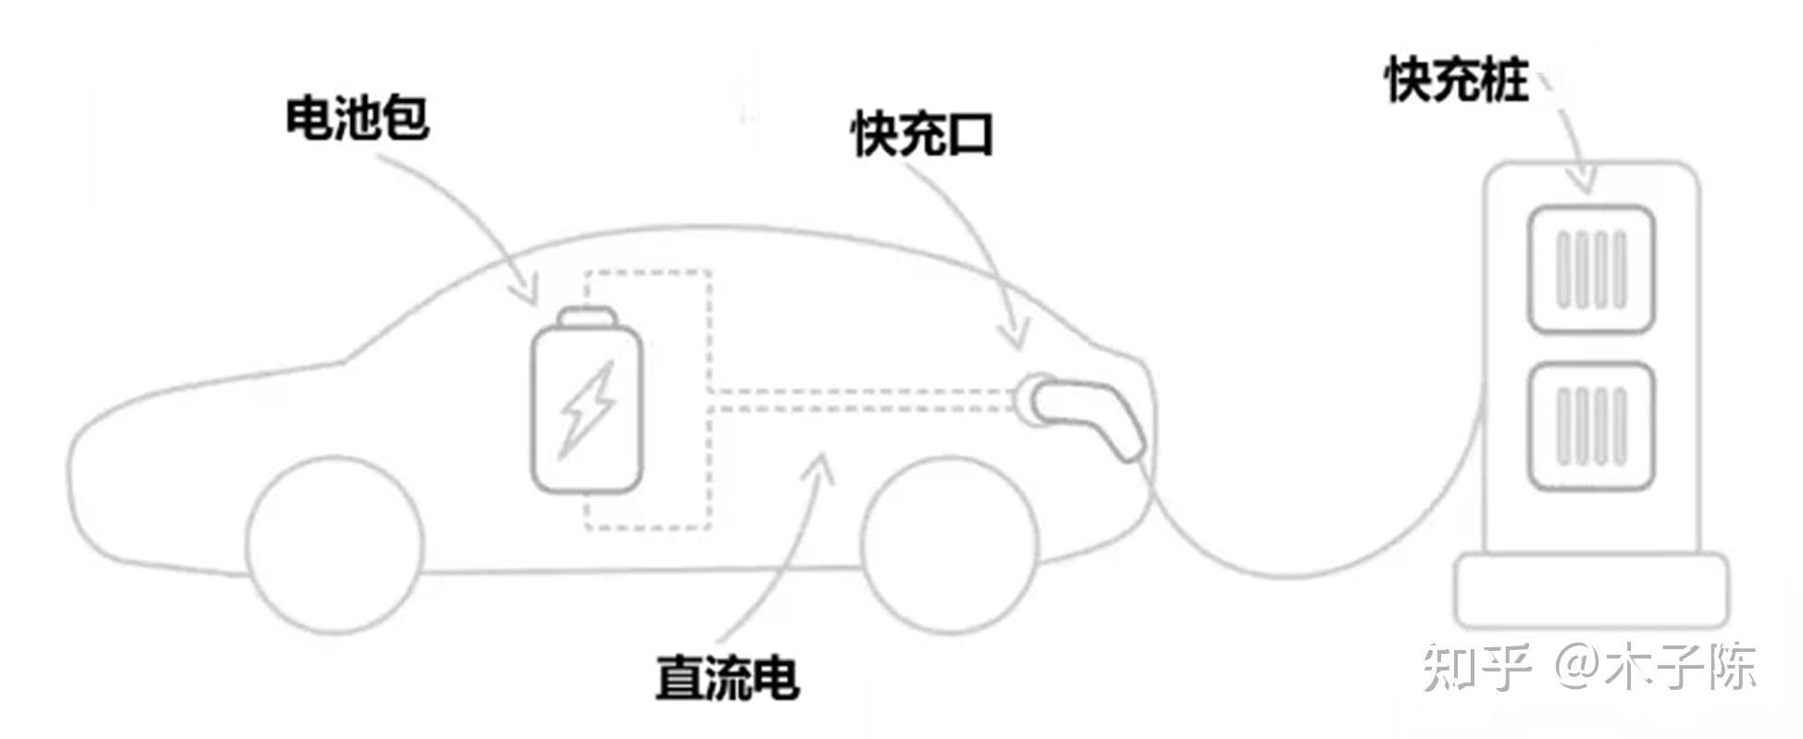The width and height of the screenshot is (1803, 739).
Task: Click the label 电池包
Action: click(356, 119)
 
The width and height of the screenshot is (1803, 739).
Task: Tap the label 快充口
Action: click(922, 135)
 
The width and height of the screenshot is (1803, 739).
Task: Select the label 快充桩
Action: click(1457, 80)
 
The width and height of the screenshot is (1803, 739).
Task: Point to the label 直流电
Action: click(727, 678)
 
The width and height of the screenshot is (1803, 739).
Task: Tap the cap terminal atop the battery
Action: click(587, 318)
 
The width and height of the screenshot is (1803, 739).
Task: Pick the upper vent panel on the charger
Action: click(1590, 269)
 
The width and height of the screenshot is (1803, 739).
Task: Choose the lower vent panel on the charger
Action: click(1590, 427)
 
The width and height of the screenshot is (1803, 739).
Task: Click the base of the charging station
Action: click(1591, 590)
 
